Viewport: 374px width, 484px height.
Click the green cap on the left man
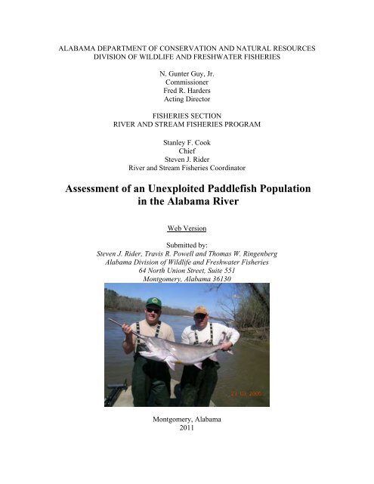tap(153, 302)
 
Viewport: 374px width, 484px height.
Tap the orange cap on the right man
tap(199, 310)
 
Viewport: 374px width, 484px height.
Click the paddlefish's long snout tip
tap(111, 321)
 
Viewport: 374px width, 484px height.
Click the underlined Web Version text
tap(187, 226)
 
